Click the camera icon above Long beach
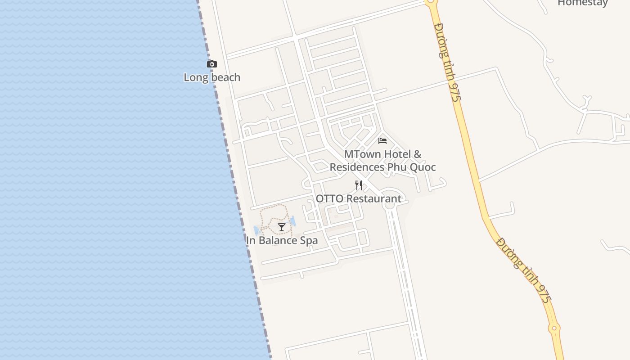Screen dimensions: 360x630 point(211,64)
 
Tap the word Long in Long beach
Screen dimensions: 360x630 point(196,77)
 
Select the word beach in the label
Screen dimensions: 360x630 point(225,77)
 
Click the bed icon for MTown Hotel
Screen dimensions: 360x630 point(382,141)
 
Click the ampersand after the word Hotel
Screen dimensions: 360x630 point(418,154)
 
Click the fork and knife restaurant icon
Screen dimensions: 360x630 point(359,185)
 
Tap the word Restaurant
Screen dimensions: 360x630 point(373,198)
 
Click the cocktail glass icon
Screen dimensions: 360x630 point(282,227)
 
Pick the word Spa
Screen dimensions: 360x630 point(309,240)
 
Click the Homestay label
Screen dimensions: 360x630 point(582,3)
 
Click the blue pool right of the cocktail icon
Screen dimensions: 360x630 point(293,220)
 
